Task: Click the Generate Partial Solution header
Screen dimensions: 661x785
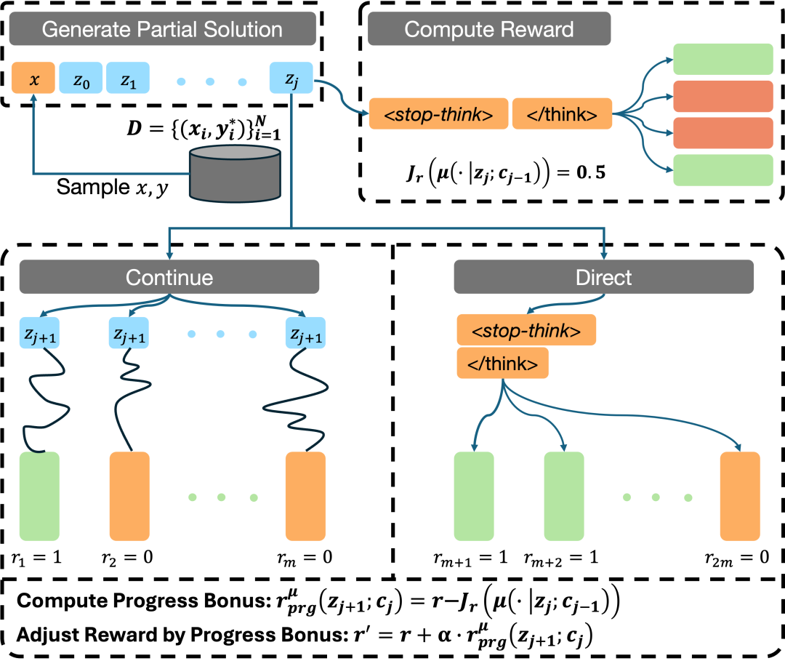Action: point(162,29)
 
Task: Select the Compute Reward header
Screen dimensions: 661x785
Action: point(488,29)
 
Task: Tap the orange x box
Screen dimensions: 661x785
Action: point(33,79)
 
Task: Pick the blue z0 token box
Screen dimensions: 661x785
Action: point(81,79)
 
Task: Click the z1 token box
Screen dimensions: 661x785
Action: point(128,79)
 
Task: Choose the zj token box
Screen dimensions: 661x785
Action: point(291,79)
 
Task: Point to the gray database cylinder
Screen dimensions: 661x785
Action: point(235,173)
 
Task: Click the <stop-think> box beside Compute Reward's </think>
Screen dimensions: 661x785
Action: point(438,114)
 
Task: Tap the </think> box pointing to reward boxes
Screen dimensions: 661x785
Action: point(562,114)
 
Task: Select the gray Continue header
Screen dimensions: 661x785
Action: point(169,277)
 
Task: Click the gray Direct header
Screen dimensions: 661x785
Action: point(603,277)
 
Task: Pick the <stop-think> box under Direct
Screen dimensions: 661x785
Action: point(526,330)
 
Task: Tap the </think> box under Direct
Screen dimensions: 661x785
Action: point(502,364)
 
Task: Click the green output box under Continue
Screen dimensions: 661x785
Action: point(39,496)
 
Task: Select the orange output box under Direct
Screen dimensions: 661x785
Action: point(740,496)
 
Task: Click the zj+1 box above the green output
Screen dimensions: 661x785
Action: point(39,333)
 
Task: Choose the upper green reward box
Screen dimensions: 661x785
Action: point(722,59)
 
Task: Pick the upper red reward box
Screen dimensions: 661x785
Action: point(722,96)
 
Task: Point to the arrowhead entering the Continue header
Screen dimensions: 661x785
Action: point(169,255)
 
